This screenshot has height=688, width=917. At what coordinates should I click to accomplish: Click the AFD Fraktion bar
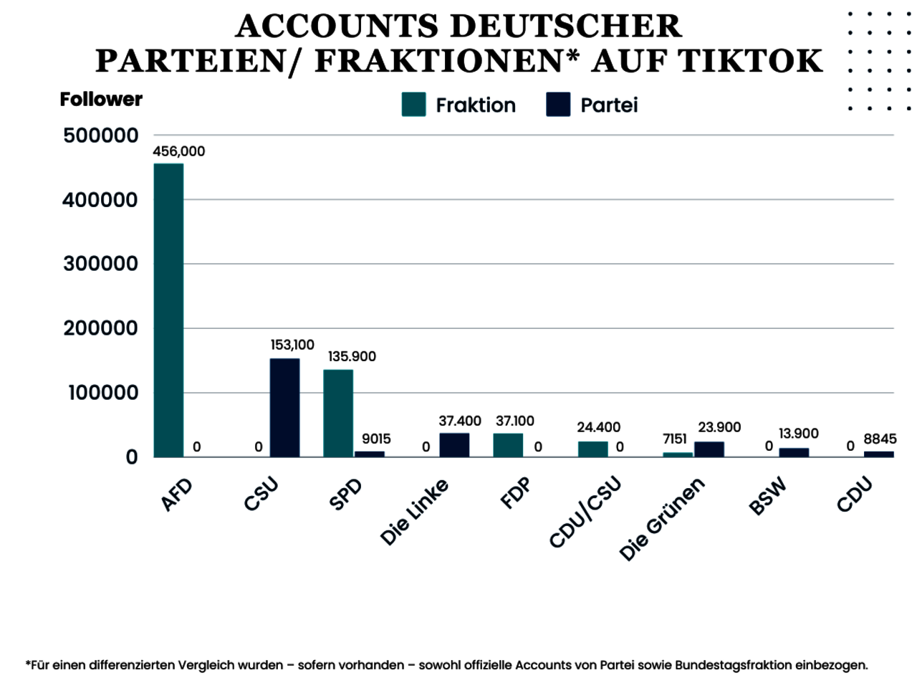[x=168, y=310]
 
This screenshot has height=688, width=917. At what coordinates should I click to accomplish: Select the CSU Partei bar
[x=284, y=407]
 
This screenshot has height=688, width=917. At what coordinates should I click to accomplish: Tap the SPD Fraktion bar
[x=338, y=413]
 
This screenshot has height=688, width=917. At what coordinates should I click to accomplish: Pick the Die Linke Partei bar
[x=454, y=445]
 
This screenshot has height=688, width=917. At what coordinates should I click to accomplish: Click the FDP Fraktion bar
[x=508, y=445]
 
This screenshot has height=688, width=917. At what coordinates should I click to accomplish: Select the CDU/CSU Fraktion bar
[x=593, y=449]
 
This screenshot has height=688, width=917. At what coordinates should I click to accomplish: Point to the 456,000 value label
[x=178, y=151]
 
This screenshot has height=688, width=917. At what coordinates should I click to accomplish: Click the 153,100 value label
[x=292, y=345]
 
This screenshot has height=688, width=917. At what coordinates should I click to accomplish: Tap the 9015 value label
[x=376, y=439]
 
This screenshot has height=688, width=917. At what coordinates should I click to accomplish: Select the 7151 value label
[x=675, y=439]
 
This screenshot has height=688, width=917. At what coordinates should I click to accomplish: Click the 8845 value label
[x=880, y=439]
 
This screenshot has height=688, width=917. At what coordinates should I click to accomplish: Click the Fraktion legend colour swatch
[x=414, y=105]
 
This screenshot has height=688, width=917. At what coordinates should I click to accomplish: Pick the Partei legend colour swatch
[x=558, y=105]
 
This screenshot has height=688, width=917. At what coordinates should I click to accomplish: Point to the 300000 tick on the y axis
[x=100, y=264]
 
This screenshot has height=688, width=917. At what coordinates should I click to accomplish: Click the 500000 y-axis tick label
[x=100, y=135]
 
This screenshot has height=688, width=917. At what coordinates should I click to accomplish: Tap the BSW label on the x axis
[x=767, y=496]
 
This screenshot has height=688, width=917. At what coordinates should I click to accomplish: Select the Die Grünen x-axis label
[x=662, y=519]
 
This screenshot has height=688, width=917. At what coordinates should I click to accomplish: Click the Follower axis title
[x=101, y=99]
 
